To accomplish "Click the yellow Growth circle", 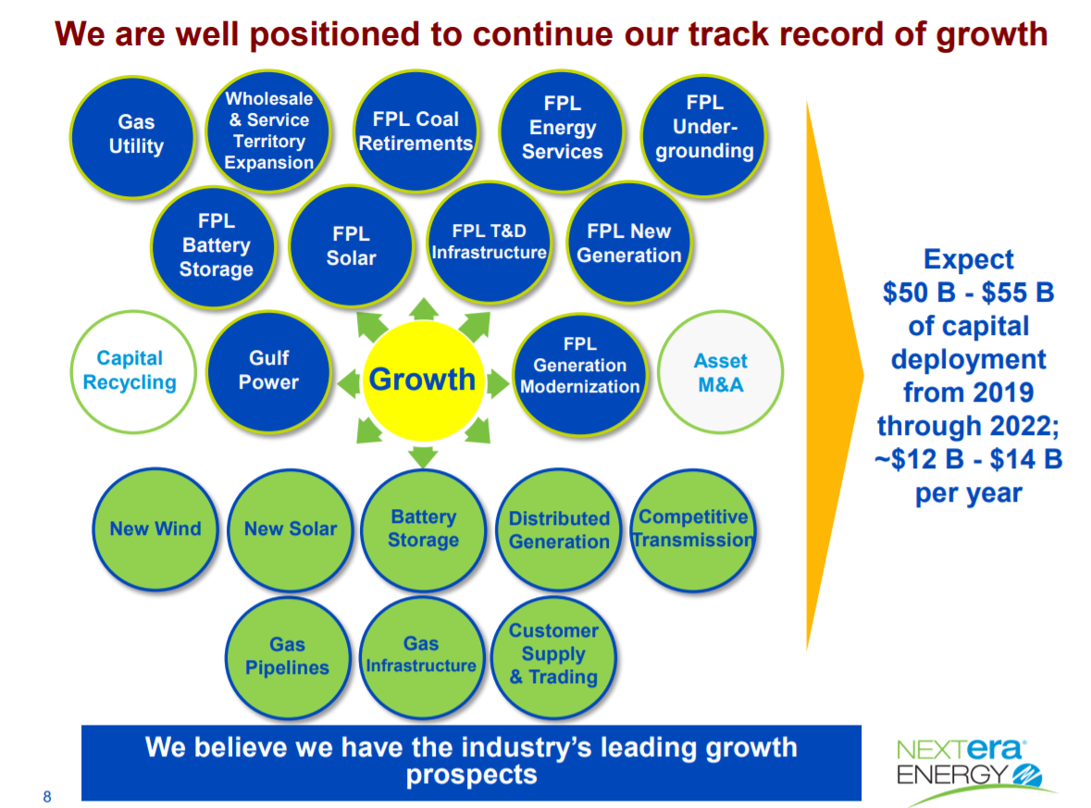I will tap(422, 379).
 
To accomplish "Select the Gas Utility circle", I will tap(135, 134).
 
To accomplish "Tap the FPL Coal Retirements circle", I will tap(415, 131).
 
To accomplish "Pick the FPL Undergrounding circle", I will tap(704, 128).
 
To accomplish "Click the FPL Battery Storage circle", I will tap(216, 245).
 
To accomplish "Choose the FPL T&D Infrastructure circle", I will tap(489, 242).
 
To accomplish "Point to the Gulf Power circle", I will tap(268, 370).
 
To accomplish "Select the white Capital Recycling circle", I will tap(130, 370).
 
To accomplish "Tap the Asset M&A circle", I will tap(720, 372).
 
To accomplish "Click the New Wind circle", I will tap(155, 529).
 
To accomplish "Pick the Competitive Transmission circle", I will tap(693, 528).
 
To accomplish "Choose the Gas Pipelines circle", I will tap(287, 656).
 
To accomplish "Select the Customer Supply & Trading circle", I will tap(553, 654).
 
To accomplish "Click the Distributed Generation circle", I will tap(559, 529).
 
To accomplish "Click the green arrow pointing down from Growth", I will tap(423, 454).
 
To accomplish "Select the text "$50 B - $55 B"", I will tap(968, 292).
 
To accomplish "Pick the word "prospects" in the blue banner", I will tap(471, 774).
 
